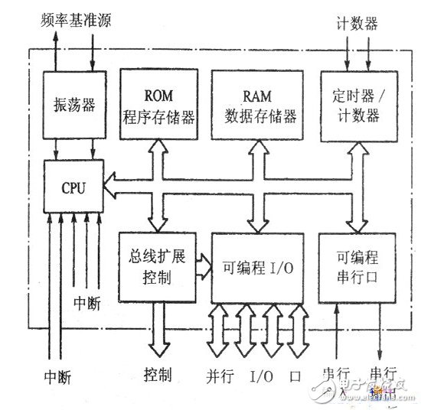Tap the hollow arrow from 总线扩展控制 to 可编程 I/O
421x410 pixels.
[x=203, y=265]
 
